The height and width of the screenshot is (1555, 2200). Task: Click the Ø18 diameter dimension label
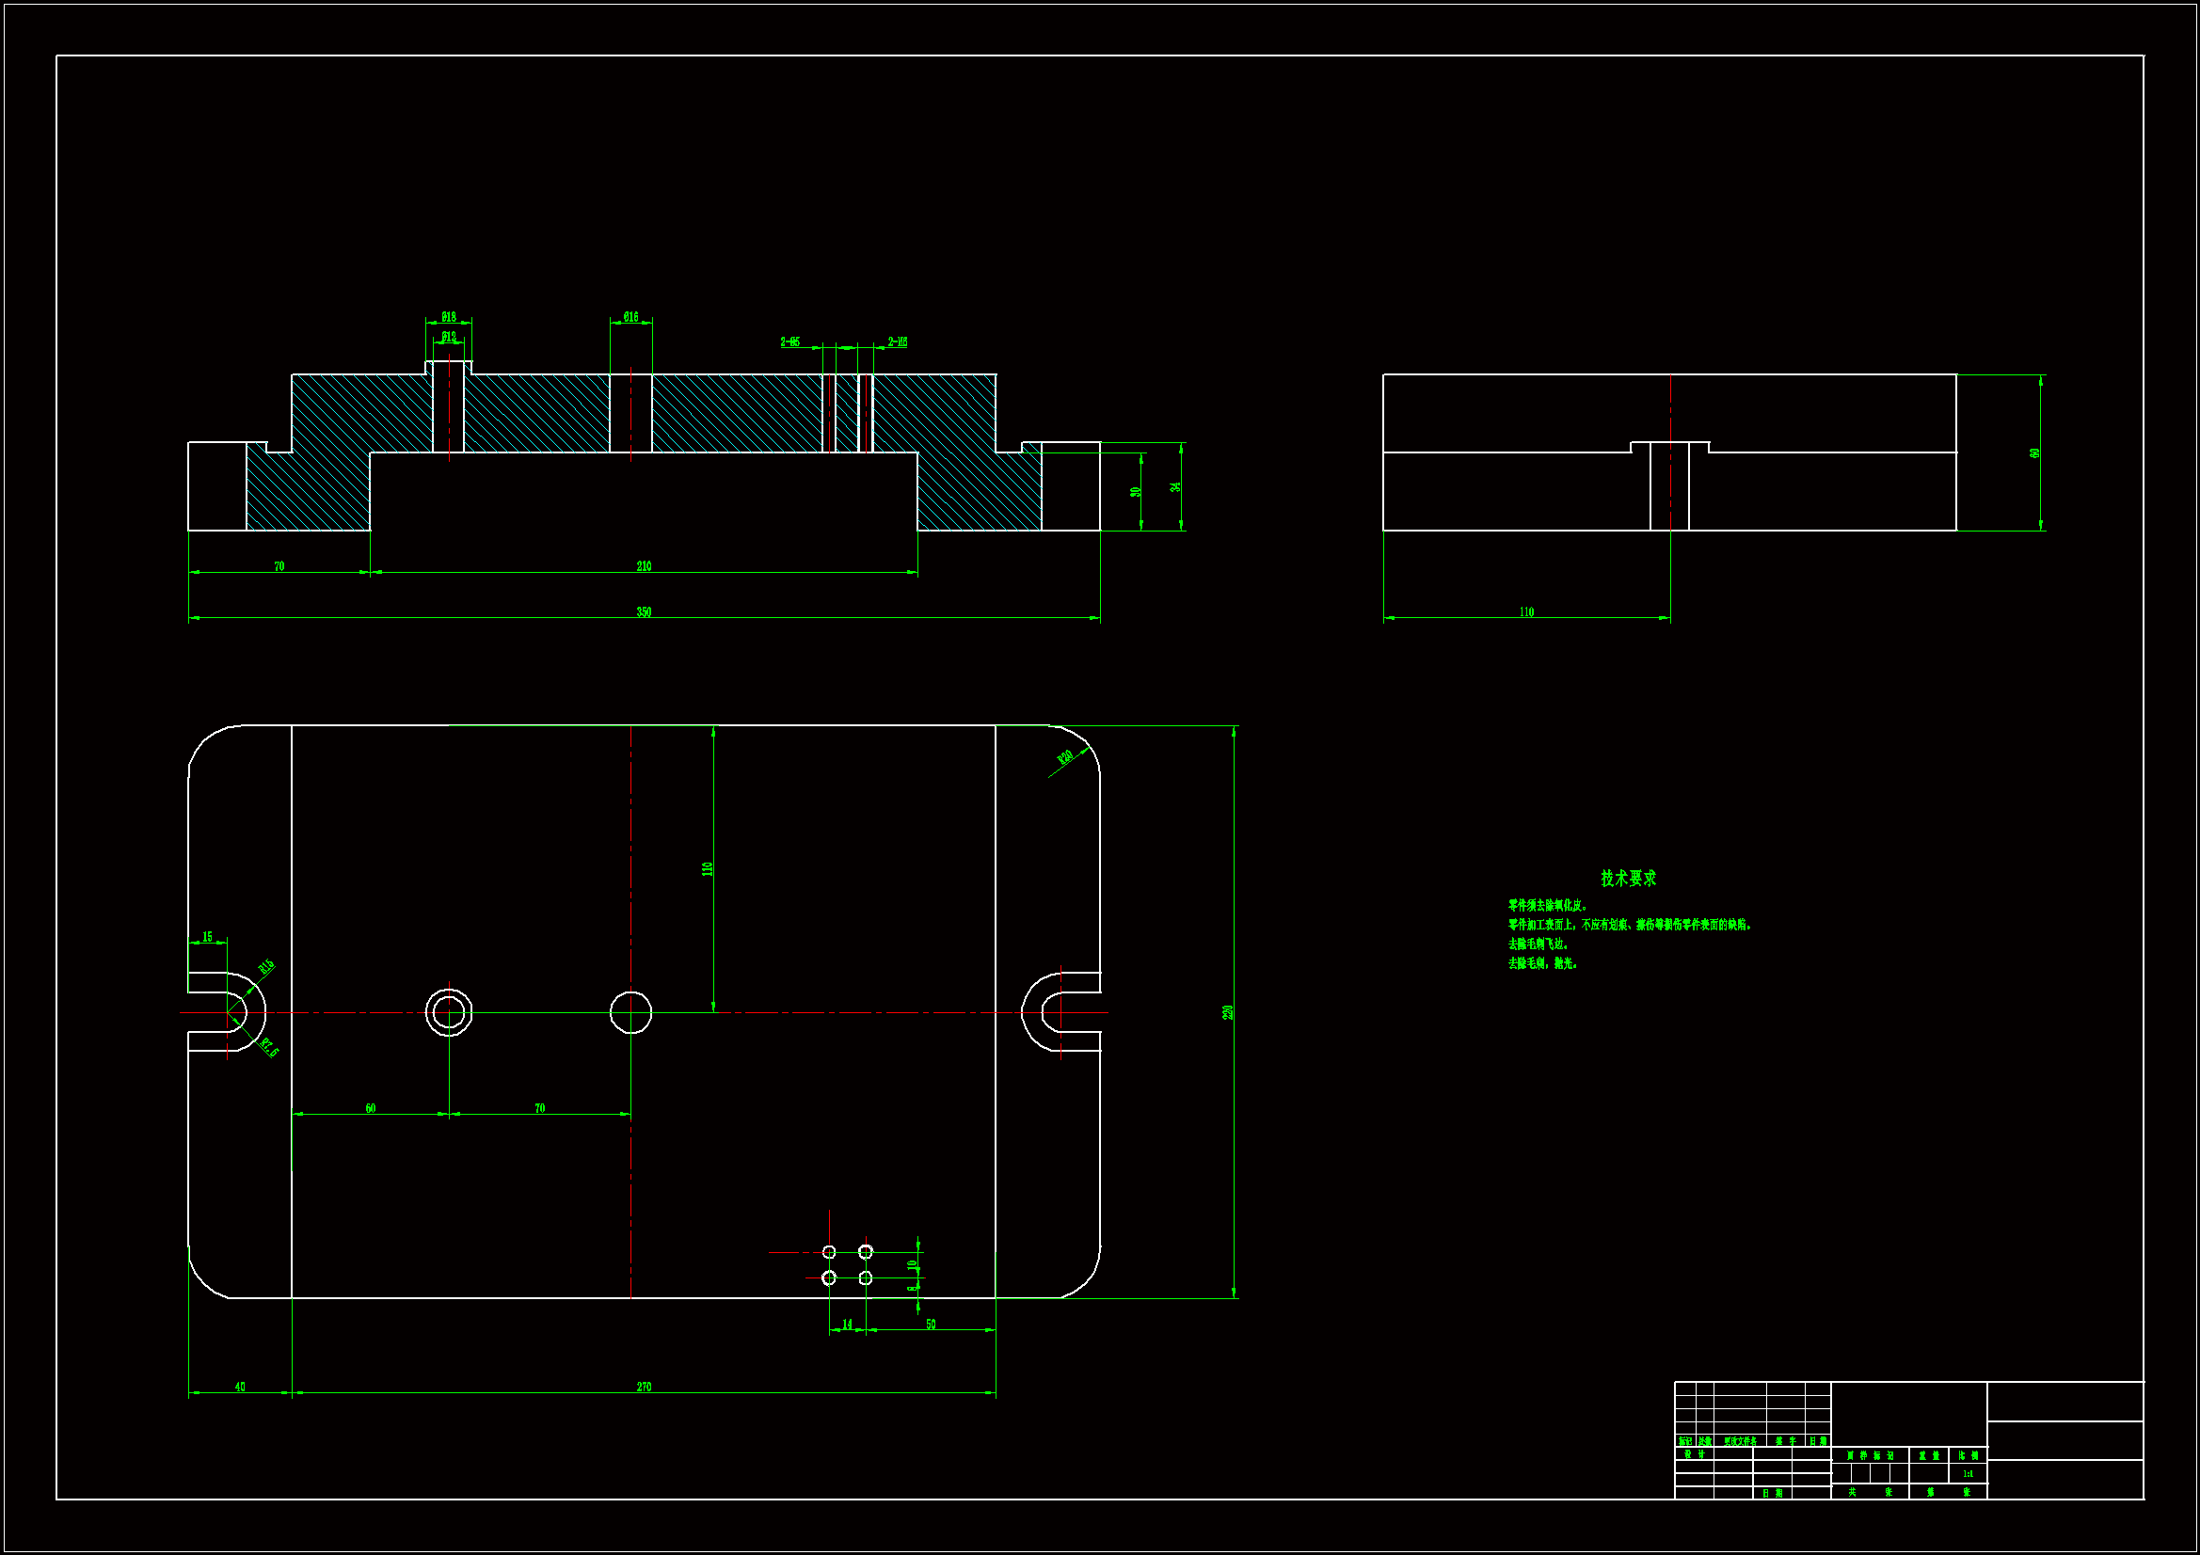tap(449, 317)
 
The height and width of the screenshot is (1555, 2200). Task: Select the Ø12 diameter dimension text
tap(449, 336)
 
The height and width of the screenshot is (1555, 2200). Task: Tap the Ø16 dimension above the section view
tap(630, 317)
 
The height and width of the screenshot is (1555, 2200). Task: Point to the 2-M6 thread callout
tap(897, 342)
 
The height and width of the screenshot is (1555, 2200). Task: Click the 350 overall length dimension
tap(644, 612)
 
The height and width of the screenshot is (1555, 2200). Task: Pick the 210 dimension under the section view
tap(644, 566)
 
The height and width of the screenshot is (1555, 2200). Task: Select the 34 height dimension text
tap(1174, 486)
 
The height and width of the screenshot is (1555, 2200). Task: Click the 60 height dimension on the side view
tap(2033, 453)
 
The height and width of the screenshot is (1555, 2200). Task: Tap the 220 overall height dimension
tap(1227, 1012)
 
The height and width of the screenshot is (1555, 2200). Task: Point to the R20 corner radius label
tap(1064, 758)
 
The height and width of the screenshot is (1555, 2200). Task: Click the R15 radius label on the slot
tap(266, 967)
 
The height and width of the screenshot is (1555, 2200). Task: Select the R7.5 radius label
tap(269, 1048)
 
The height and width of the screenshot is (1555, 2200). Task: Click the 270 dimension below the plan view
tap(644, 1387)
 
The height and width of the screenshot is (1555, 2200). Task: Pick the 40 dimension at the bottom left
tap(240, 1387)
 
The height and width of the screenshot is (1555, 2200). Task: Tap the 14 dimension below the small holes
tap(847, 1325)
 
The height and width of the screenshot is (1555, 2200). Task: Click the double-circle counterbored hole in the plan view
tap(449, 1012)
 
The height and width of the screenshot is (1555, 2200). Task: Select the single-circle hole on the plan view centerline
tap(630, 1012)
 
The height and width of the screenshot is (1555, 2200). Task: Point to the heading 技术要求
tap(1628, 878)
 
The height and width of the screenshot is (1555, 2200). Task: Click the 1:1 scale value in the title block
tap(1968, 1473)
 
